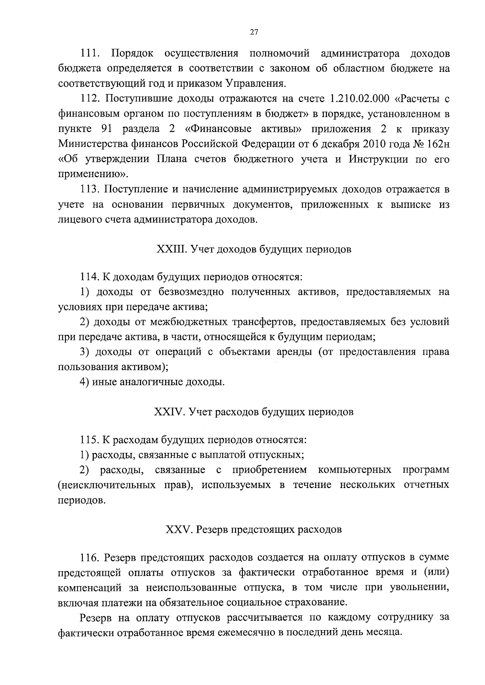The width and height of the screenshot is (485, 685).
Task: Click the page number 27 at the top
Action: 254,33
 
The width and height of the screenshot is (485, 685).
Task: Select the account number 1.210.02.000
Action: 359,99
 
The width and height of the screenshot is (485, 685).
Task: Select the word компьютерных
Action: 354,470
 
